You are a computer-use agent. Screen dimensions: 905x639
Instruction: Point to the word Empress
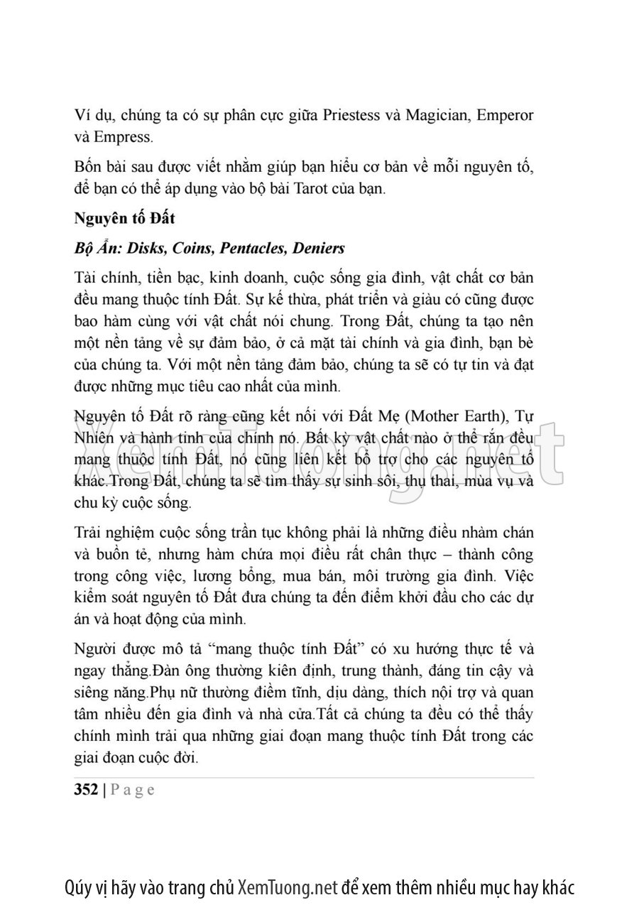click(x=126, y=136)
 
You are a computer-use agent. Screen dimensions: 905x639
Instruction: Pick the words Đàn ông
click(x=176, y=671)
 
